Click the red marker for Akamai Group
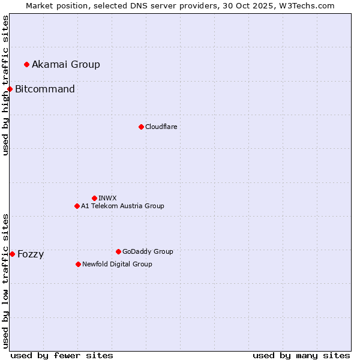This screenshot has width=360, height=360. pyautogui.click(x=26, y=64)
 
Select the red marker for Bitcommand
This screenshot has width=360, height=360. pyautogui.click(x=10, y=89)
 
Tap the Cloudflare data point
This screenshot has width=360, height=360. pyautogui.click(x=141, y=127)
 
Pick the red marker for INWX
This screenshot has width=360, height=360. pyautogui.click(x=94, y=198)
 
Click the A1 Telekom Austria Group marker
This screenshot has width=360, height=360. pyautogui.click(x=77, y=206)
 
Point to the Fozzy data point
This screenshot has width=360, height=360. pyautogui.click(x=12, y=254)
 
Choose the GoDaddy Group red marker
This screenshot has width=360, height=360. pyautogui.click(x=118, y=251)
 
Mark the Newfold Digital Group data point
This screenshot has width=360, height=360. pyautogui.click(x=78, y=264)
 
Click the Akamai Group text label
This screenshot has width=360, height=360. pyautogui.click(x=66, y=64)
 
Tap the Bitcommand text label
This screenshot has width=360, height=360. pyautogui.click(x=45, y=89)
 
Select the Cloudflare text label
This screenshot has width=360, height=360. pyautogui.click(x=161, y=127)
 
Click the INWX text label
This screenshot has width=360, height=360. pyautogui.click(x=107, y=198)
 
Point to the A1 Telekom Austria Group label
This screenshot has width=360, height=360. pyautogui.click(x=122, y=206)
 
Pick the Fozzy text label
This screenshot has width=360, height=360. pyautogui.click(x=31, y=254)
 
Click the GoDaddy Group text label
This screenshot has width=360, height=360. pyautogui.click(x=148, y=251)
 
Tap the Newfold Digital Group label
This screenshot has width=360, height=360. pyautogui.click(x=117, y=264)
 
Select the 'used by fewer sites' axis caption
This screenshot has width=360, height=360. pyautogui.click(x=62, y=355)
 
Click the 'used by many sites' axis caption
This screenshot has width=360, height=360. pyautogui.click(x=301, y=355)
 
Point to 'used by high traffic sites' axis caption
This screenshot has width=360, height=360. pyautogui.click(x=5, y=85)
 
